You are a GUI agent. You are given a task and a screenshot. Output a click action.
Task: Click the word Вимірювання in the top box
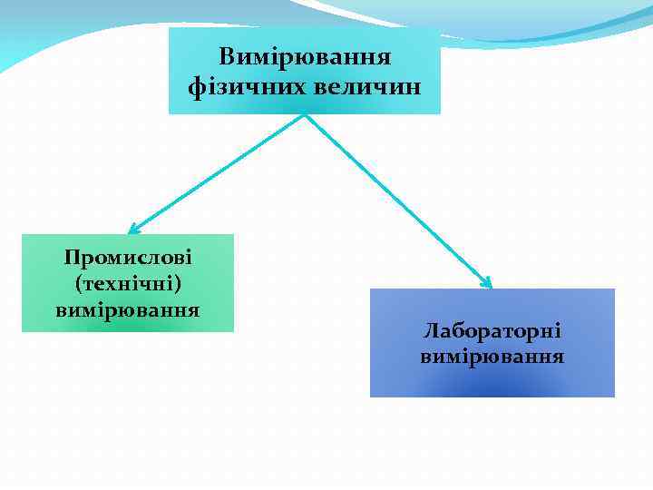click(x=305, y=57)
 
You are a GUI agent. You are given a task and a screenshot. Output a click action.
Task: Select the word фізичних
click(x=238, y=88)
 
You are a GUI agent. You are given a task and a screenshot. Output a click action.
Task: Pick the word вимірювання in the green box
click(x=128, y=309)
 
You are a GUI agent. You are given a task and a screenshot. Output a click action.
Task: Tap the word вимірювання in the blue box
click(x=492, y=357)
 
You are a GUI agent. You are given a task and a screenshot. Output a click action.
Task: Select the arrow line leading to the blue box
click(x=399, y=200)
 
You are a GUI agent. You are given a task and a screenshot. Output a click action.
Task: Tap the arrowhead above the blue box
click(x=486, y=282)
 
